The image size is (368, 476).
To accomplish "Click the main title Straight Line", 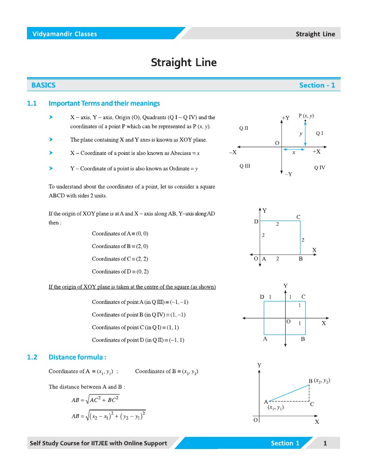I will (x=184, y=62).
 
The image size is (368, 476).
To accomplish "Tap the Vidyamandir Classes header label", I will (x=65, y=34).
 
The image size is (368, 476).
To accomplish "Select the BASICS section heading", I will (x=43, y=85).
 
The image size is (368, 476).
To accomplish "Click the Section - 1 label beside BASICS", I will (x=317, y=85).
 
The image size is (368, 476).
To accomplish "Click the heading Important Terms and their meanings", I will (x=104, y=103).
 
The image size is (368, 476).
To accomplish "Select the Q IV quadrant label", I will (x=320, y=167).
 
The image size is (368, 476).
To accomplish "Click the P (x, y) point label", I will (x=306, y=116).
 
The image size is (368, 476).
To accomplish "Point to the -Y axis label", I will (x=288, y=174).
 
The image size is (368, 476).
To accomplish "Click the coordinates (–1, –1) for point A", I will (x=179, y=302).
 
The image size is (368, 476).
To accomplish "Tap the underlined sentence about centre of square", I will (x=132, y=287).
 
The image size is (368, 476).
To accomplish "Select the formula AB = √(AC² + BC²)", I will (x=95, y=399).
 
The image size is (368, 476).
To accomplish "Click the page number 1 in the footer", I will (x=325, y=443).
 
